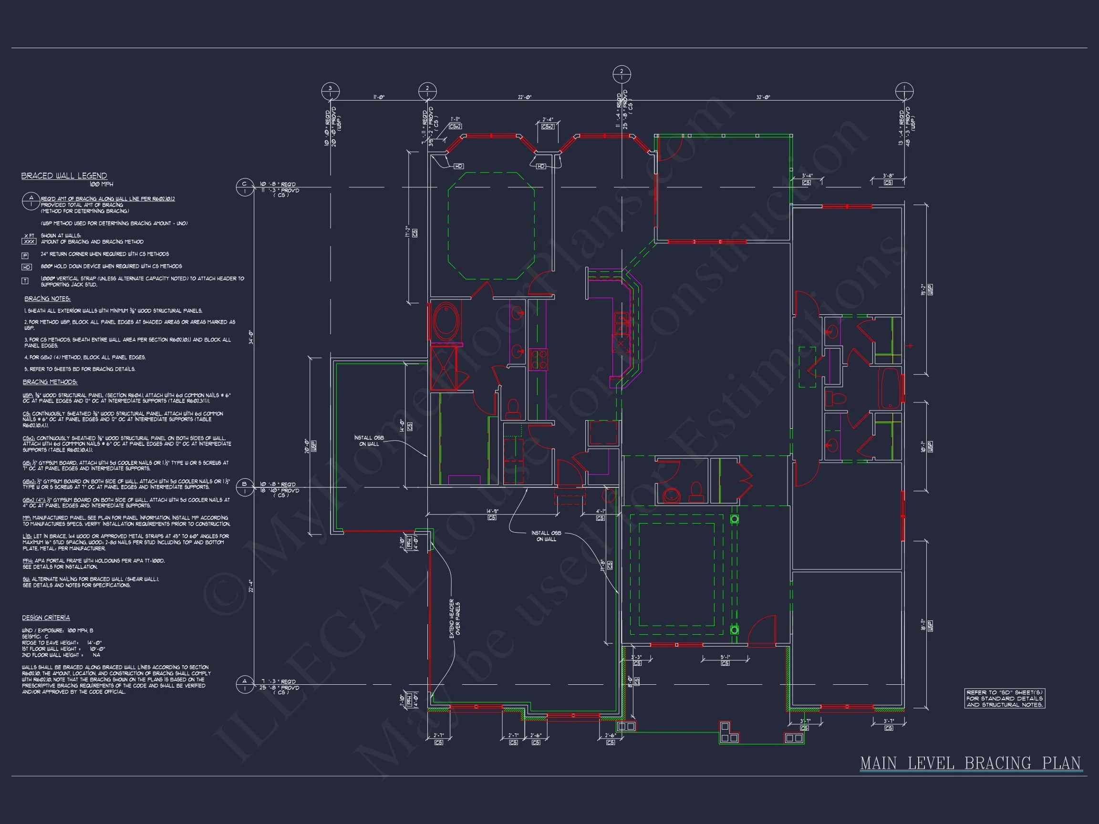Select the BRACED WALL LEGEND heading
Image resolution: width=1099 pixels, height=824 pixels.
[63, 176]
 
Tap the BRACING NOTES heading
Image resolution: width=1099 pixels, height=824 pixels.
[47, 299]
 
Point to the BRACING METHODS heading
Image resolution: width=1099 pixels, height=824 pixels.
[50, 382]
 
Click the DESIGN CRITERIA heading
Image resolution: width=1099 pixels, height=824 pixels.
[46, 618]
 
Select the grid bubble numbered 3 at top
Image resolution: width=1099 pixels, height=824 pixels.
[330, 92]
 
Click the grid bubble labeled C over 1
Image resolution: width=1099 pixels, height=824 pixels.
[244, 187]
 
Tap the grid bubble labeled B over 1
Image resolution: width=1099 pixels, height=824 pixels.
[244, 487]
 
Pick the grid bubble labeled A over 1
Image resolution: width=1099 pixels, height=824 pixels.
[244, 684]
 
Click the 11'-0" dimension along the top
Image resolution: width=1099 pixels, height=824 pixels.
[379, 97]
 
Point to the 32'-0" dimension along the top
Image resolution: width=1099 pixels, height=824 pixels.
[763, 97]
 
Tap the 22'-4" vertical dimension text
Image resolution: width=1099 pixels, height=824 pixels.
[251, 586]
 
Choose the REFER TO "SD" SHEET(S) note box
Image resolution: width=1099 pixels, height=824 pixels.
[1004, 698]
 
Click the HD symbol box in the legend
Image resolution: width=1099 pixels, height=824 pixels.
[26, 267]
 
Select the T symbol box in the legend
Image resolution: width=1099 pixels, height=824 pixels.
[25, 280]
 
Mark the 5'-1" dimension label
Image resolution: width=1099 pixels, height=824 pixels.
[725, 657]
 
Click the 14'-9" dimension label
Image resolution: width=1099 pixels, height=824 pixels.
[492, 511]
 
